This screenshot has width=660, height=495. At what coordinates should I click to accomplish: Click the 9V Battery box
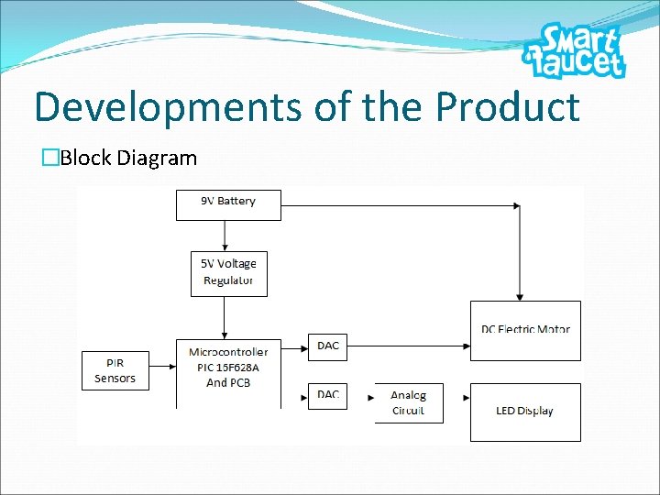(x=228, y=204)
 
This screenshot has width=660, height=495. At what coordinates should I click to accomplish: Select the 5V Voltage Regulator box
(x=228, y=273)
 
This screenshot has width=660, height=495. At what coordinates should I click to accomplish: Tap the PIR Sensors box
(x=115, y=370)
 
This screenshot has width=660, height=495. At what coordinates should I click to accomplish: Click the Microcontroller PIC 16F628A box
(x=228, y=371)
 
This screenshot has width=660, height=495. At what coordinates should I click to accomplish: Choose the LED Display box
(x=525, y=412)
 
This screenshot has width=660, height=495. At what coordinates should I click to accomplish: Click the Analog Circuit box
(x=409, y=403)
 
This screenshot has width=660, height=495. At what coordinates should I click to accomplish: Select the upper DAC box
(x=327, y=346)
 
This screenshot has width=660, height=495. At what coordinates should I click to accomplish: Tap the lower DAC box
(x=327, y=395)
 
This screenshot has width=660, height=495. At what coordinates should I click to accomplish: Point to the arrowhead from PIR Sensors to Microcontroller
(x=172, y=367)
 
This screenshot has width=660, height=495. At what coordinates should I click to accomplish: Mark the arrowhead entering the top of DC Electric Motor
(x=520, y=297)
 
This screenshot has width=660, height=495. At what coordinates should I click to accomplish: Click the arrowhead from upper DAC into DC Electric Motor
(x=467, y=346)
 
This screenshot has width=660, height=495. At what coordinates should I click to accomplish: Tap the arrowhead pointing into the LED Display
(x=467, y=398)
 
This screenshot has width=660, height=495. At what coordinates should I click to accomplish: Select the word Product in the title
(x=508, y=107)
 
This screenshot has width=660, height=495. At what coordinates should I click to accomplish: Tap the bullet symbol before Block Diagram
(x=50, y=158)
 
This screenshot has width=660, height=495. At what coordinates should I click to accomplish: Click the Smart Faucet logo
(x=576, y=51)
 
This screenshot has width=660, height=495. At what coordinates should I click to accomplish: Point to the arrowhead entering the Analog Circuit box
(x=371, y=398)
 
